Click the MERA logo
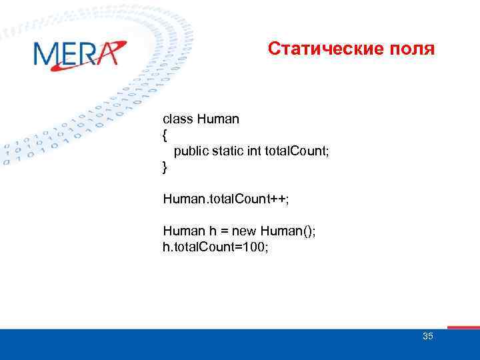[79, 53]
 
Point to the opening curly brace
[165, 135]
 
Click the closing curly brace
[165, 167]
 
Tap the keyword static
[227, 151]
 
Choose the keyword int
[254, 151]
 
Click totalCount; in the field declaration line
[297, 151]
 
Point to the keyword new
[245, 231]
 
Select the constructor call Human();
[288, 231]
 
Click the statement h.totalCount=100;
[214, 247]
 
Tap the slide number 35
[427, 336]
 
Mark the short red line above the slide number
[463, 327]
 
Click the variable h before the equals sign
[212, 231]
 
